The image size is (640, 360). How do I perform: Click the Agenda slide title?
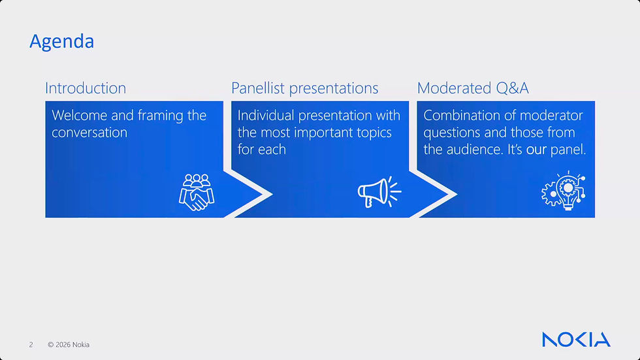click(61, 42)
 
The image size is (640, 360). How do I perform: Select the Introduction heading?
click(86, 88)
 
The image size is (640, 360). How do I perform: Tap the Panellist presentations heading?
click(304, 89)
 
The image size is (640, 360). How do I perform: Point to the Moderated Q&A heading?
click(473, 88)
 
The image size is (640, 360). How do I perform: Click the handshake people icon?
click(197, 192)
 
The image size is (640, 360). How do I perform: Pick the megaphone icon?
click(379, 192)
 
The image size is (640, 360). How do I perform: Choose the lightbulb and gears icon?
click(563, 191)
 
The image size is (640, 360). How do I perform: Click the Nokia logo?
click(576, 340)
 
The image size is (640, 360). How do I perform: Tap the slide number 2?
click(31, 345)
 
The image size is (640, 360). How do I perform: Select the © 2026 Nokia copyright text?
click(69, 345)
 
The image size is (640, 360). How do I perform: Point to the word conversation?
click(89, 133)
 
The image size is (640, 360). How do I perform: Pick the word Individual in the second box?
click(266, 116)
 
